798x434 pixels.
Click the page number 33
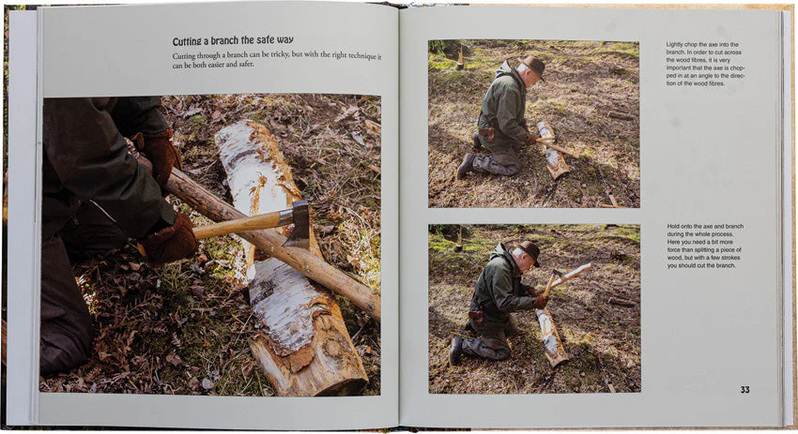[x=745, y=390]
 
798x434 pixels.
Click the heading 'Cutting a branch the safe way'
[x=233, y=40]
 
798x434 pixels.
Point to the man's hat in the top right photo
[x=533, y=65]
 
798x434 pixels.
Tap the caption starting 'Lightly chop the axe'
[x=704, y=64]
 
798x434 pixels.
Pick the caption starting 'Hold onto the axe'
[x=705, y=246]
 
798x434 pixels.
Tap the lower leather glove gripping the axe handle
[x=170, y=240]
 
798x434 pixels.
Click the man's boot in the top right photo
[x=465, y=166]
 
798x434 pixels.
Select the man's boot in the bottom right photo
[x=456, y=350]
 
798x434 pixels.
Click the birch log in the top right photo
[x=553, y=150]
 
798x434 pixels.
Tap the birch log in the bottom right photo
[x=552, y=337]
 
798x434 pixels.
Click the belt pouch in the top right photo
[x=487, y=133]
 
